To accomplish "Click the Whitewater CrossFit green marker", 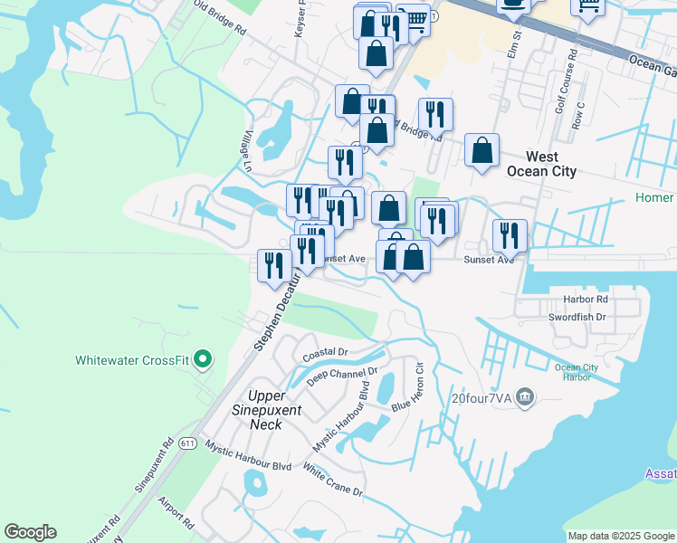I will [203, 360].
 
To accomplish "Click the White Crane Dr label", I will [332, 481].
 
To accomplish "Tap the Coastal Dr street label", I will [325, 351].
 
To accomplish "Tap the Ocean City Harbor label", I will [577, 373].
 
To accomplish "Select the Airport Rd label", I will [176, 511].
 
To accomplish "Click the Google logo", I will [30, 532].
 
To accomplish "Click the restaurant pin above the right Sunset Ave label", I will [510, 234].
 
